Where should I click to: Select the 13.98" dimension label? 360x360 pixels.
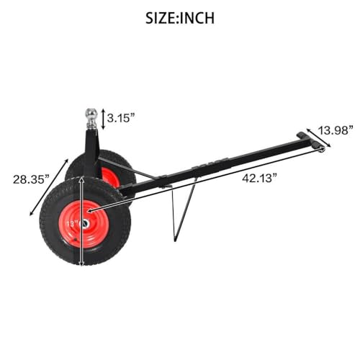point(336,130)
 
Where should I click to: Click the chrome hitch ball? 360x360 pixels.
point(91,114)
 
